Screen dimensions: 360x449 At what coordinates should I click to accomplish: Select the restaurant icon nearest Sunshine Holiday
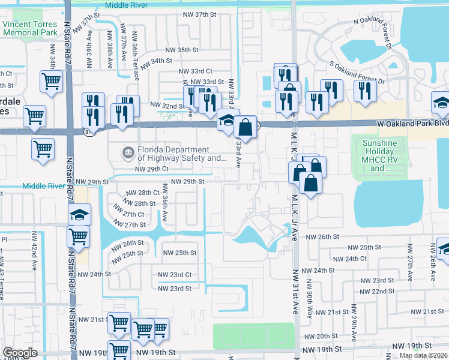(364, 91)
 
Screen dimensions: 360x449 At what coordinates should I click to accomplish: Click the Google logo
(20, 352)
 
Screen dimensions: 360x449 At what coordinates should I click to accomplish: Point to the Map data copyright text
(423, 355)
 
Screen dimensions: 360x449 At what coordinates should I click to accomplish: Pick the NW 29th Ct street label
(151, 169)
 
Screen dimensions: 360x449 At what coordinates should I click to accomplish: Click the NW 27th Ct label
(133, 214)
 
